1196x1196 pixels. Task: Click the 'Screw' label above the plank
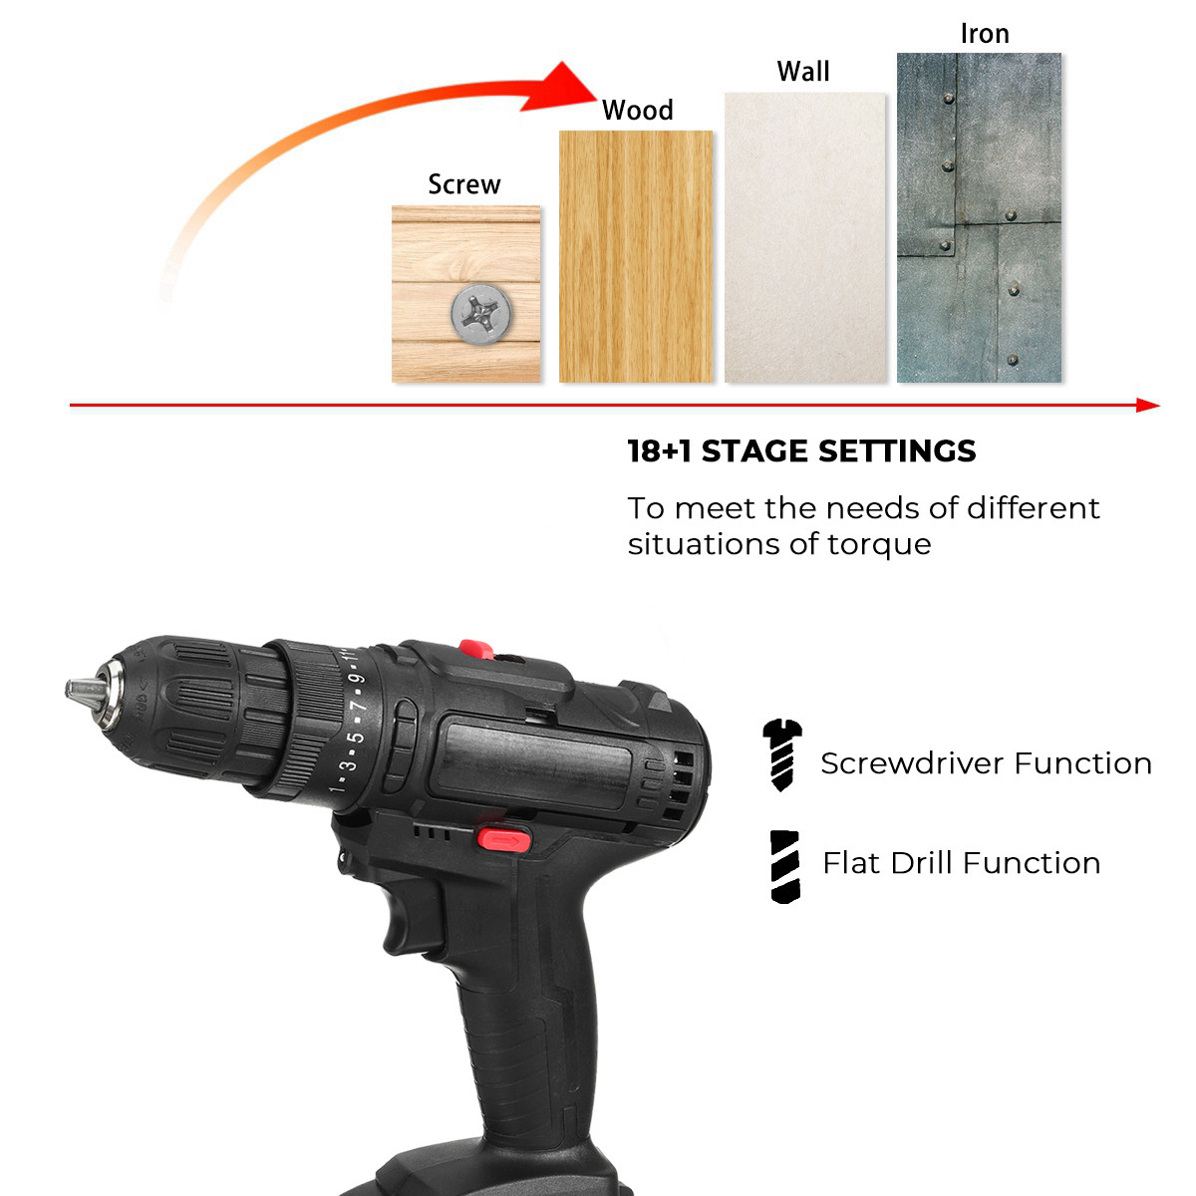click(464, 184)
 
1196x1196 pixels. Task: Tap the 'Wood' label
click(638, 110)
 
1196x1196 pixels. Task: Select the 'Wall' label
click(803, 72)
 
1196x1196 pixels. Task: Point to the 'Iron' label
click(985, 34)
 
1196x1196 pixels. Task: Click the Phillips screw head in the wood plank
click(481, 313)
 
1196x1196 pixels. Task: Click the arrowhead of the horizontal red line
click(1147, 406)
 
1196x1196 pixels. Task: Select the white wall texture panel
click(805, 238)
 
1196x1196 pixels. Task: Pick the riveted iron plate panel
click(979, 218)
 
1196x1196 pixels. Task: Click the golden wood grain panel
click(636, 256)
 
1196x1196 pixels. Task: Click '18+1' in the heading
click(659, 451)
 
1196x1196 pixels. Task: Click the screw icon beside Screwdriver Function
click(782, 754)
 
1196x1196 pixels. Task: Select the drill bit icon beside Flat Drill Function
click(785, 867)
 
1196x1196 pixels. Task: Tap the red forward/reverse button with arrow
click(504, 841)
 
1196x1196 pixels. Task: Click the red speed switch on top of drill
click(476, 650)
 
